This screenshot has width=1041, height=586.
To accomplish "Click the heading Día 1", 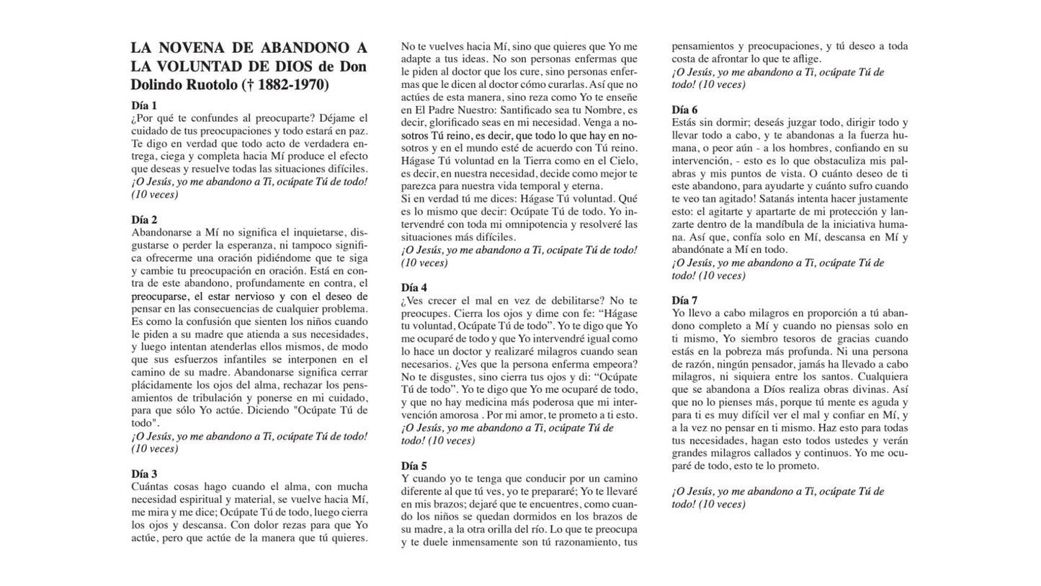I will tap(143, 105).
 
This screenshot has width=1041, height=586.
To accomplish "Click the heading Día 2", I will tap(143, 220).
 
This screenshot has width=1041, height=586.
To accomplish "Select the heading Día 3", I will tap(143, 474).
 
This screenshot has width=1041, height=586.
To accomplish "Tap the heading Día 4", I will tap(414, 288).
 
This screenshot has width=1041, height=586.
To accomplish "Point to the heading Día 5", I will tap(414, 466).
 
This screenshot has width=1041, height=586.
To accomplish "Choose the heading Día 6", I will tap(684, 110).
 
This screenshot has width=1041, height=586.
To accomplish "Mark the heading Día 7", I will tap(684, 301).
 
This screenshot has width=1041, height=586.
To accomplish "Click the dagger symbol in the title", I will tap(250, 85).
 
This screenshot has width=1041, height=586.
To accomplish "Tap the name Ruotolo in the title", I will tap(213, 85).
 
